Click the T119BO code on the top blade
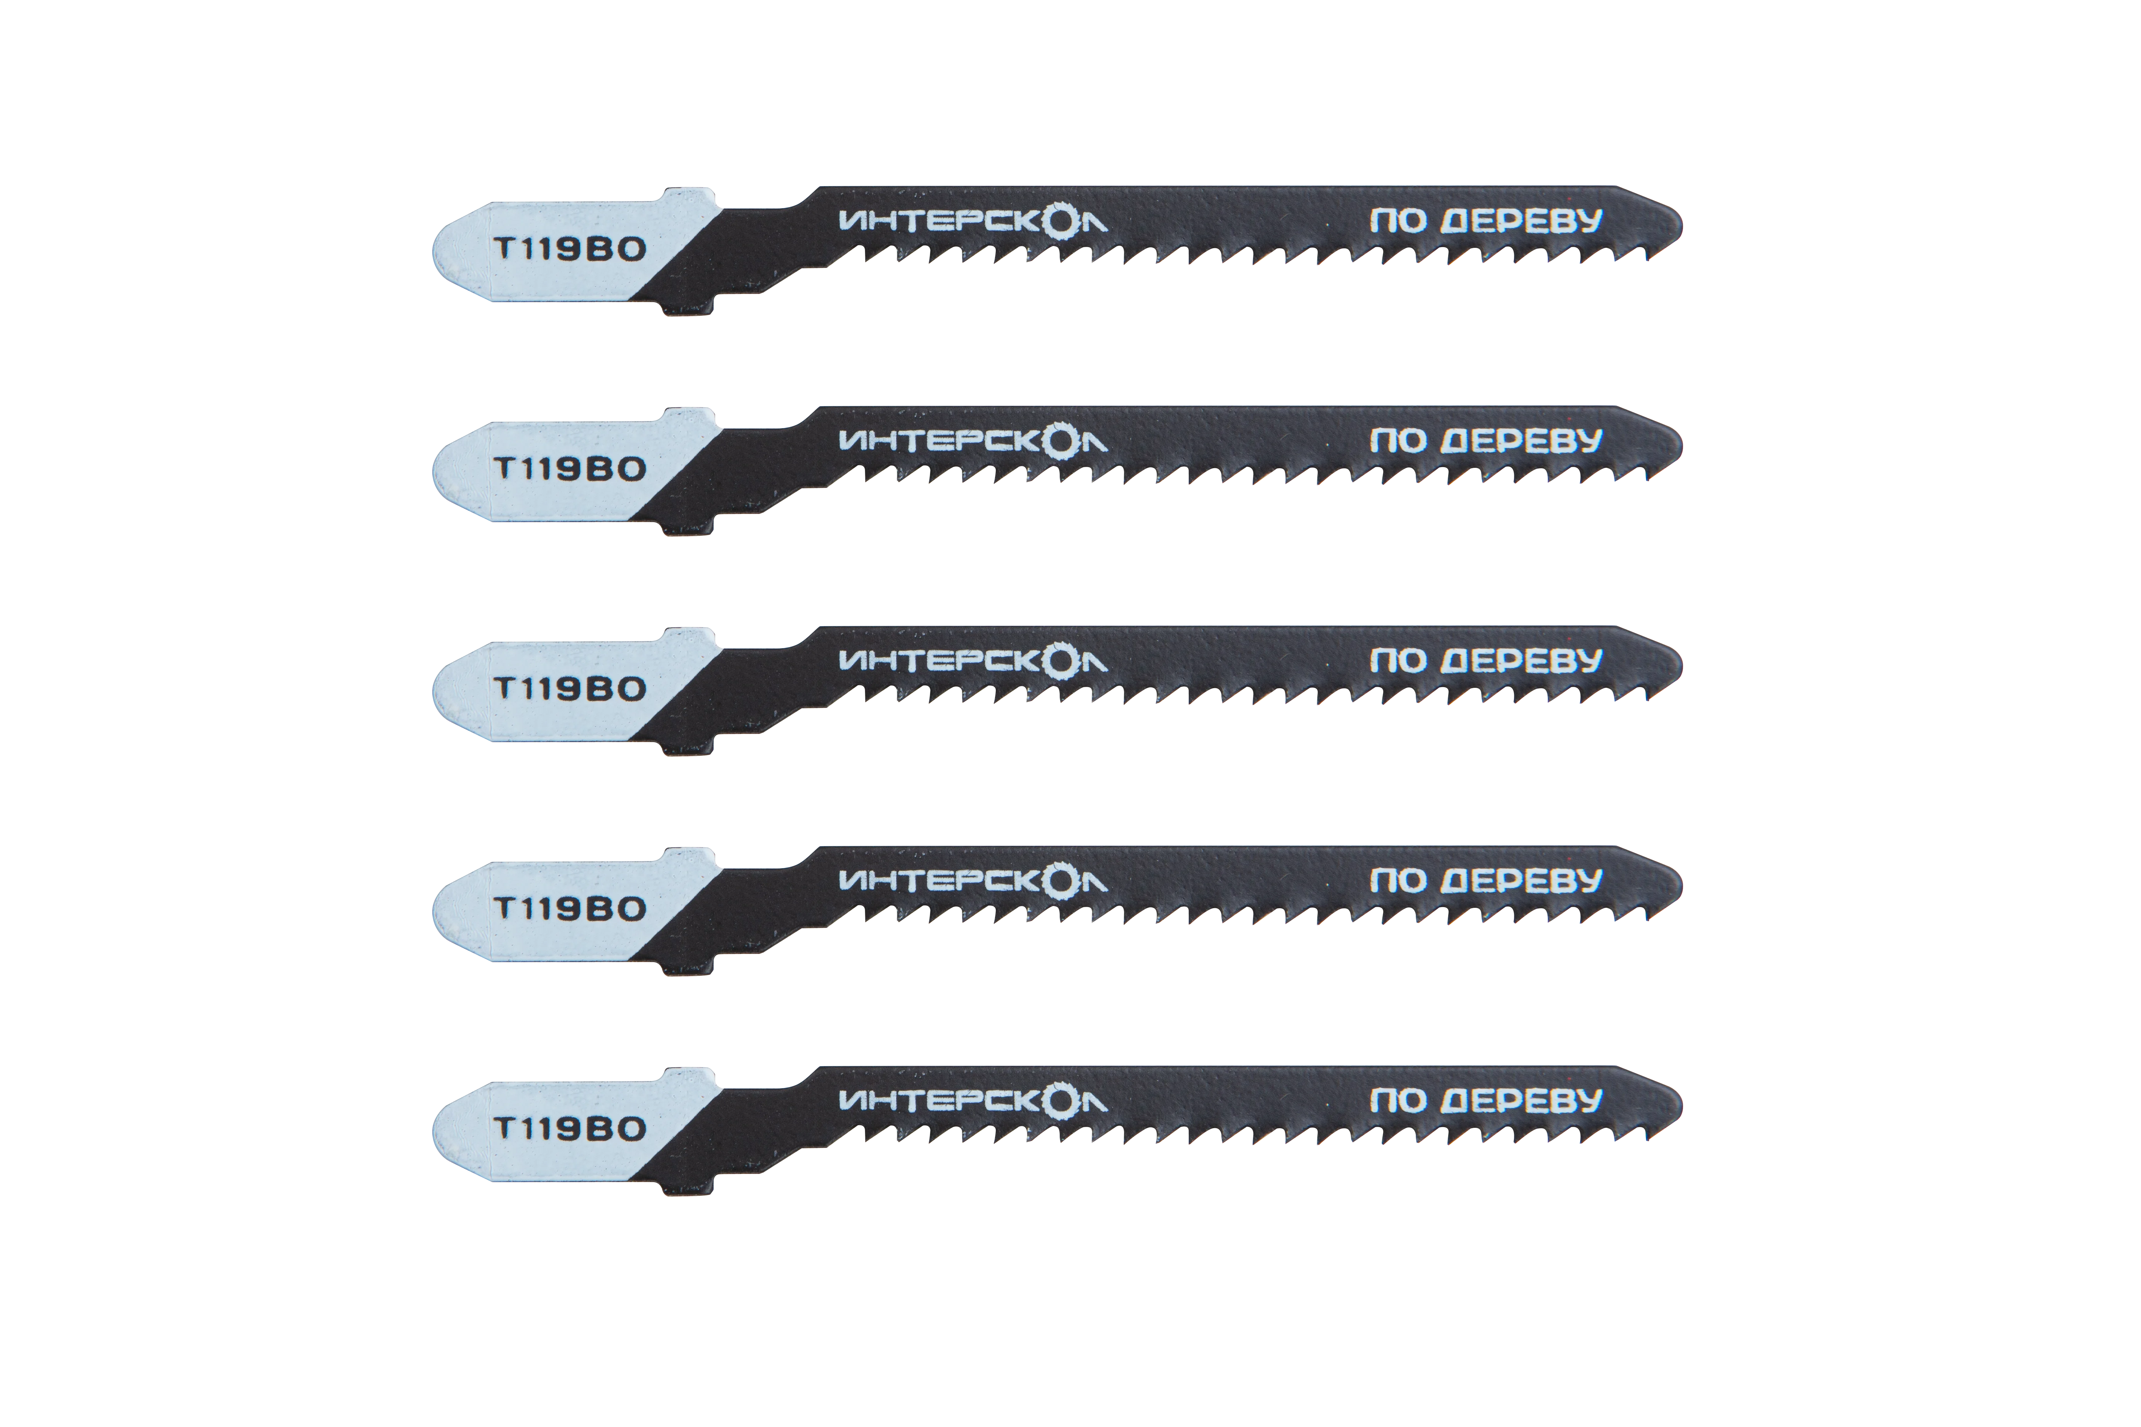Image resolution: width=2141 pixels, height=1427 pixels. click(x=569, y=249)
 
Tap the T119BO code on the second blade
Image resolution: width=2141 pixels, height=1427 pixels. click(x=569, y=469)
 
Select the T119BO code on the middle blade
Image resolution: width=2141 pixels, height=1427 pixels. click(x=569, y=689)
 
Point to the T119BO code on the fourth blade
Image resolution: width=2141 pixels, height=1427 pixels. click(x=569, y=908)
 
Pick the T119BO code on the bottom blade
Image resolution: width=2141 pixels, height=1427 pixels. click(x=569, y=1129)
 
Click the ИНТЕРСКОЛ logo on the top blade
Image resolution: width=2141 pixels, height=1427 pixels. click(x=972, y=221)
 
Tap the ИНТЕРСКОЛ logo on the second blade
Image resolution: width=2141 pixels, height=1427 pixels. click(x=972, y=441)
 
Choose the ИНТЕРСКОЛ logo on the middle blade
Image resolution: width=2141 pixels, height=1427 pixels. click(x=972, y=661)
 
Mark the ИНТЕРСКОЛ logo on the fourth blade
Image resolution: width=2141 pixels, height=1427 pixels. click(x=972, y=881)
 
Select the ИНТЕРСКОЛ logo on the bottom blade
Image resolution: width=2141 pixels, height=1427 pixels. click(x=972, y=1101)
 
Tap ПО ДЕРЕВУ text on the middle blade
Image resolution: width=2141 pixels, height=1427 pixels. click(x=1486, y=661)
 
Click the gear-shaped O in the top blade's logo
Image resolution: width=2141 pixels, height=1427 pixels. click(x=1060, y=221)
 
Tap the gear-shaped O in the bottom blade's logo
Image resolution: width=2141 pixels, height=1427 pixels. click(x=1060, y=1101)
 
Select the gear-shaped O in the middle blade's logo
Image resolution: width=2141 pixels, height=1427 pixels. click(x=1060, y=661)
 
